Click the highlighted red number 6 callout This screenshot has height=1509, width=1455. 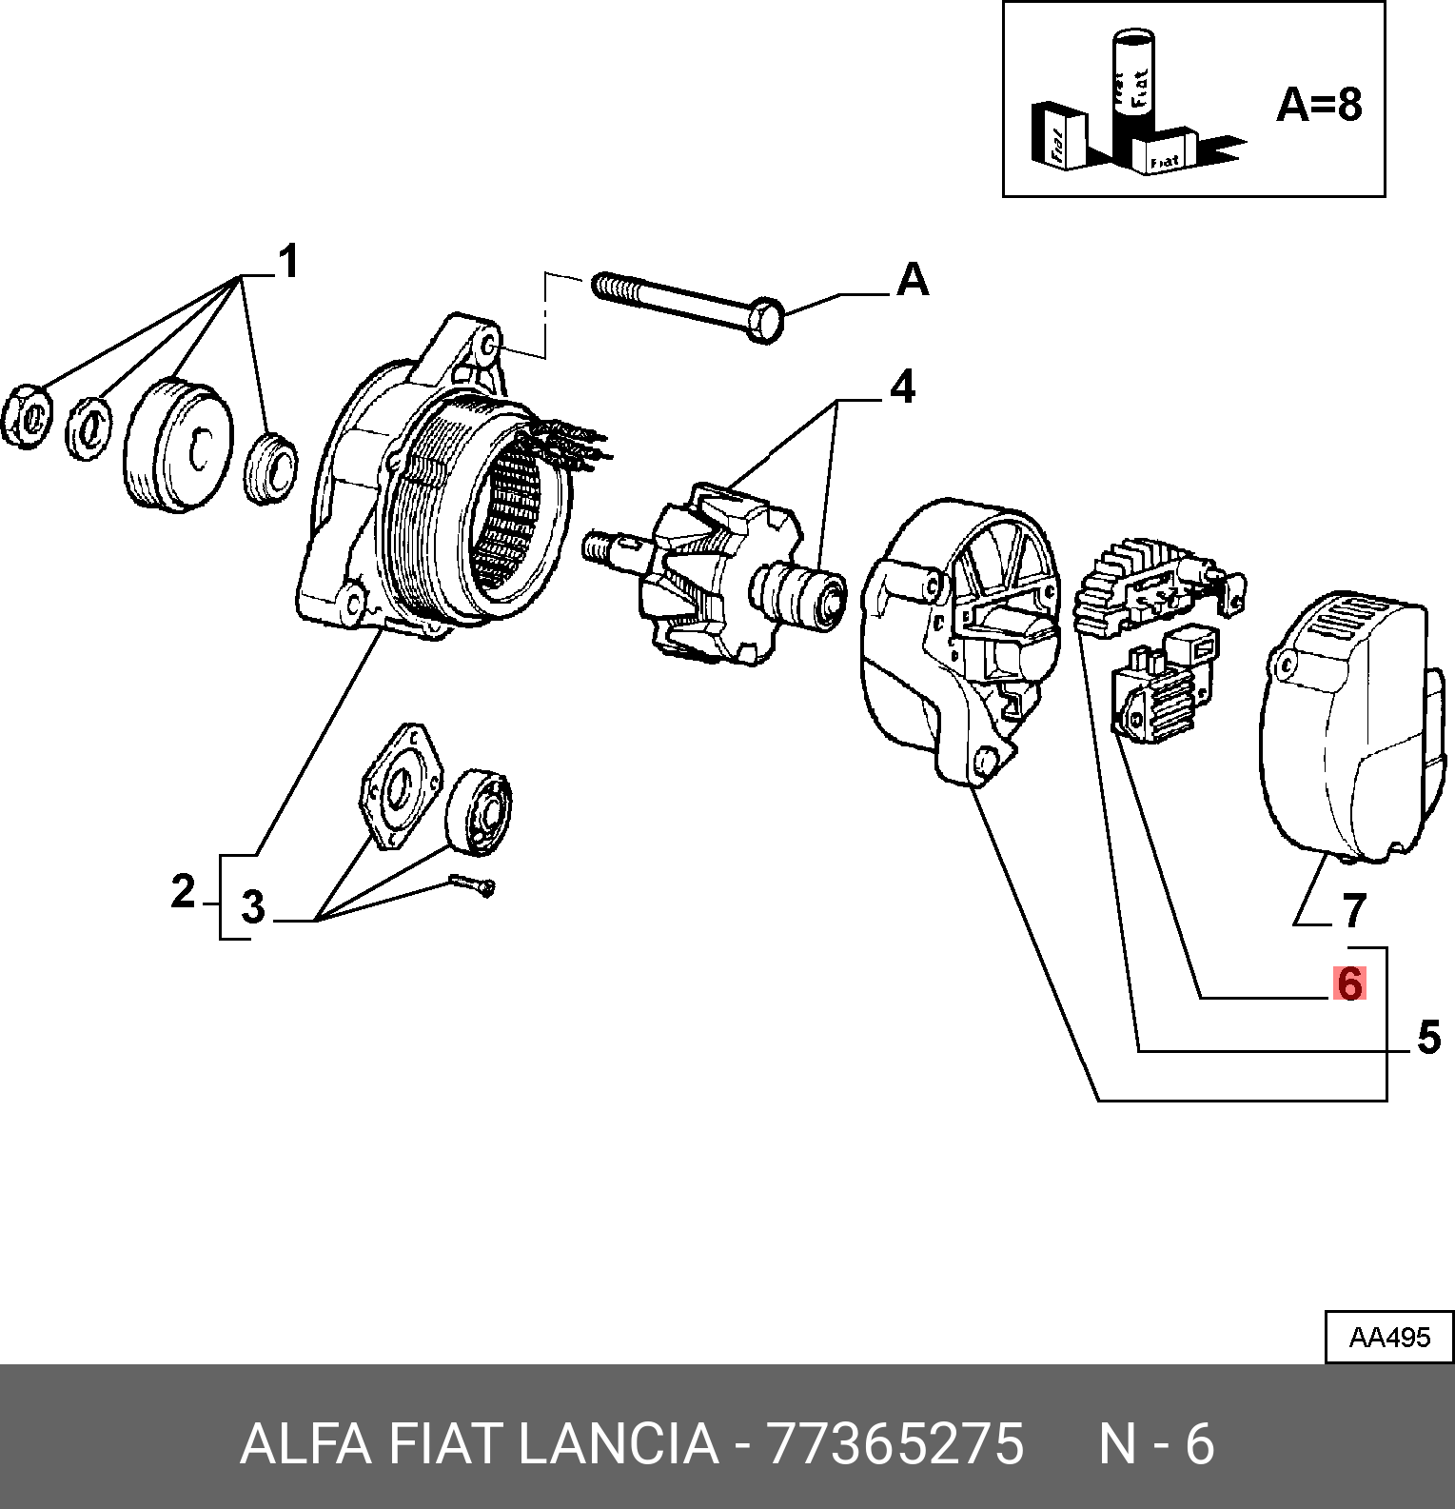click(x=1348, y=983)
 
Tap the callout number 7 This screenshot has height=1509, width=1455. click(x=1354, y=911)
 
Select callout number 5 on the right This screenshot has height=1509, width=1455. click(x=1428, y=1038)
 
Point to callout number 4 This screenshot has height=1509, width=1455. click(x=901, y=387)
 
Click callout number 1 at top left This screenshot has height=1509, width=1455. click(x=288, y=262)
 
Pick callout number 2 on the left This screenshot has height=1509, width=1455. click(x=183, y=892)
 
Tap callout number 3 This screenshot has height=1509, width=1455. click(x=252, y=907)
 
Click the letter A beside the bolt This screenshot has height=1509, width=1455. click(x=913, y=280)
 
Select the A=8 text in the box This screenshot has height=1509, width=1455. click(x=1319, y=104)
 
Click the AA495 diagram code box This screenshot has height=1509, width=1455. click(x=1389, y=1338)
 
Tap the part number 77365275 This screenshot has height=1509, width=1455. click(x=895, y=1444)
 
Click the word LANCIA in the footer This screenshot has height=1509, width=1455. click(x=619, y=1444)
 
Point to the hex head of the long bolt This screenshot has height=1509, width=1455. click(x=766, y=320)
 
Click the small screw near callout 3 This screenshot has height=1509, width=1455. click(x=471, y=884)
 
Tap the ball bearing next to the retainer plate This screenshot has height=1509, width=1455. click(x=480, y=810)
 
